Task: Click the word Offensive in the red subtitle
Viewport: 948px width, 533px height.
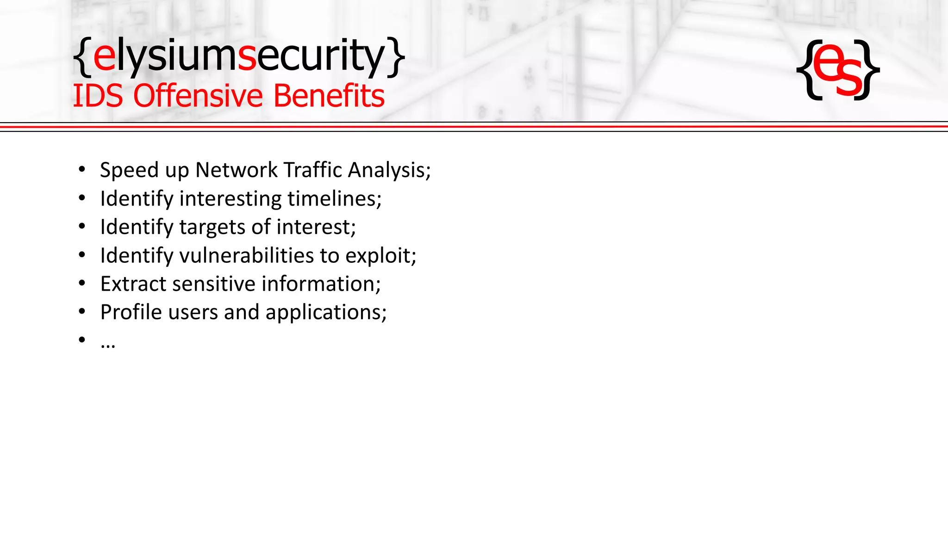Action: [x=199, y=96]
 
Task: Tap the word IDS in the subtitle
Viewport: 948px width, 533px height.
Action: [x=98, y=96]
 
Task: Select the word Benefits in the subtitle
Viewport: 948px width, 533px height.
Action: [x=329, y=96]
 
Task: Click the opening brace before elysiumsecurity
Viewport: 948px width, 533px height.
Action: [x=82, y=57]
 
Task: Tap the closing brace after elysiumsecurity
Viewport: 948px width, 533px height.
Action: [x=396, y=57]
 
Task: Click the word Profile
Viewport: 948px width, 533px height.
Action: [x=131, y=312]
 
